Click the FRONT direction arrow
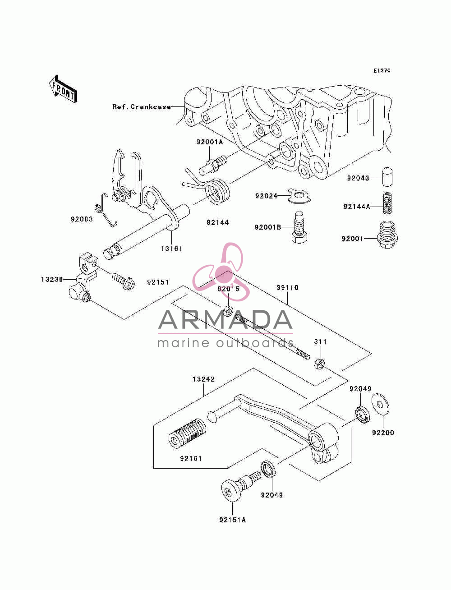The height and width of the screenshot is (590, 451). point(63,89)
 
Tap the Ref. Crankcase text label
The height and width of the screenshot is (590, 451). point(141,107)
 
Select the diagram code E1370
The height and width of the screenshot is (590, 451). point(382,70)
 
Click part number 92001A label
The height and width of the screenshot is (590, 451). point(209,142)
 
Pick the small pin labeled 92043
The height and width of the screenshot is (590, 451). point(387,176)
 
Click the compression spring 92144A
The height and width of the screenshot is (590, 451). point(387,203)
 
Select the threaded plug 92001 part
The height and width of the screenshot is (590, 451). point(387,235)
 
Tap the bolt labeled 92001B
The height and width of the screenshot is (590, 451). point(299,227)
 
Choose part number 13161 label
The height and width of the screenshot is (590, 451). point(171,249)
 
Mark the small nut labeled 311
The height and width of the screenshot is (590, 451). point(319,364)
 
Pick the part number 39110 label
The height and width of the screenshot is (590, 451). point(287,287)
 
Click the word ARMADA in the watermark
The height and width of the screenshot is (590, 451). point(225,320)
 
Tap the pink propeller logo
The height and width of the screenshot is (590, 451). point(221,272)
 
